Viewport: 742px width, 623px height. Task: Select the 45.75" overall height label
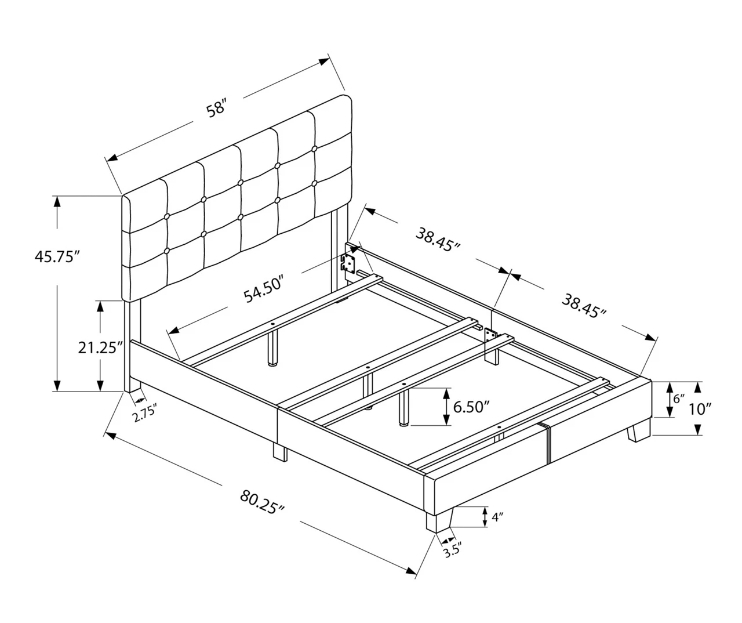(x=56, y=256)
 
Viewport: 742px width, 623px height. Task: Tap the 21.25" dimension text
(x=101, y=347)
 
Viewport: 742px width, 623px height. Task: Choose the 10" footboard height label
(x=700, y=409)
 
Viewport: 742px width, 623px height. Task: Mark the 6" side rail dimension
(x=678, y=399)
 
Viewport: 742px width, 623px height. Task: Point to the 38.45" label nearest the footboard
(x=584, y=306)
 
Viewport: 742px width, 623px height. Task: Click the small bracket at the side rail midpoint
(x=491, y=335)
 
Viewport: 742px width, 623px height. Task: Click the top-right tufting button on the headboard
(x=314, y=149)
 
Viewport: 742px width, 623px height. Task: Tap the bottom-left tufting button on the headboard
(x=167, y=251)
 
